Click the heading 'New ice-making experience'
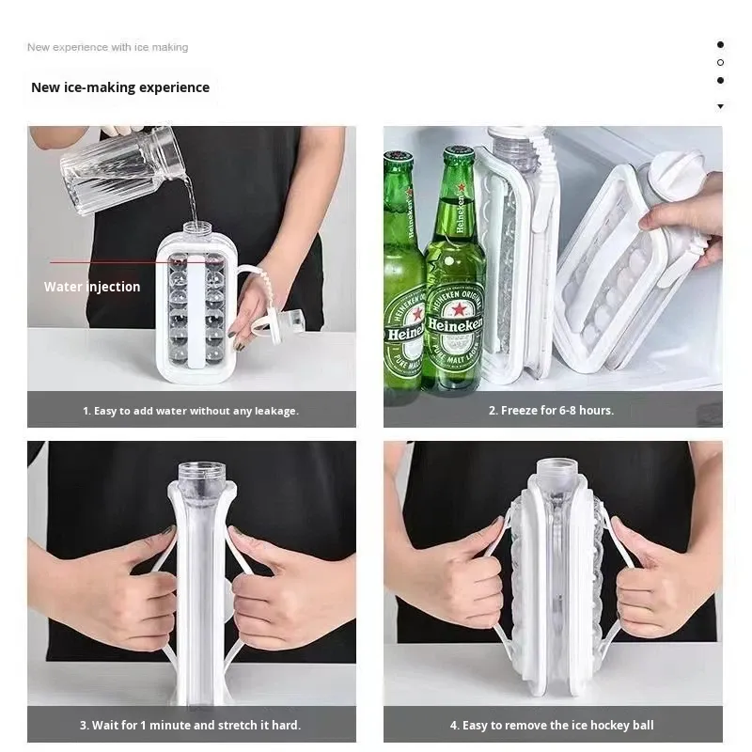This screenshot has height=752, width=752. [120, 87]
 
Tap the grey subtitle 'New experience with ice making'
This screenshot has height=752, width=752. [107, 47]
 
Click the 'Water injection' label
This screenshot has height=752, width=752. [92, 287]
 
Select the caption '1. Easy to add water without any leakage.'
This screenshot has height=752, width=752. [191, 411]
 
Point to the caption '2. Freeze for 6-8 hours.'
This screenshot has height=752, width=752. [551, 411]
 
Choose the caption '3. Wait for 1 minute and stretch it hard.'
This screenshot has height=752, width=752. [191, 725]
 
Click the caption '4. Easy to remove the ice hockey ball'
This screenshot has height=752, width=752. [552, 725]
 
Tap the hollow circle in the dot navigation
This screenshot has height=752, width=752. [720, 62]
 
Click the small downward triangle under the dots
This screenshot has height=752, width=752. [720, 106]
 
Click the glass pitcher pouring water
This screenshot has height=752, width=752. [123, 169]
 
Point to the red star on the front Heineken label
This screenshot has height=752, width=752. [459, 310]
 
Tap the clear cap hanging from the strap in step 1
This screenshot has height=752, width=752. [290, 322]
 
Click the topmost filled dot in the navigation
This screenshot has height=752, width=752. [720, 44]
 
